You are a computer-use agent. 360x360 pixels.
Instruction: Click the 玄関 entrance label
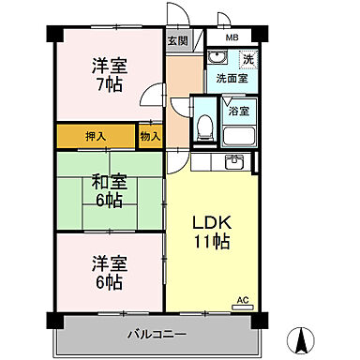point(176,40)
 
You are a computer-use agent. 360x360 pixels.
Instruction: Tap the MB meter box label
point(232,39)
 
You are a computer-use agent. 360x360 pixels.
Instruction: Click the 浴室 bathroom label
point(238,111)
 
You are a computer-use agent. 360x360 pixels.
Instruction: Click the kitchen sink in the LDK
point(235,163)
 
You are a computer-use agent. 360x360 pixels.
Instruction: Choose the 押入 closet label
point(96,136)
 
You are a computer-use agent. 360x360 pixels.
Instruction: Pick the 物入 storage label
point(150,136)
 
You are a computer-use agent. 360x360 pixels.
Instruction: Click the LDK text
point(211,223)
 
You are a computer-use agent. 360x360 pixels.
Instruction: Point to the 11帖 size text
point(211,242)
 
